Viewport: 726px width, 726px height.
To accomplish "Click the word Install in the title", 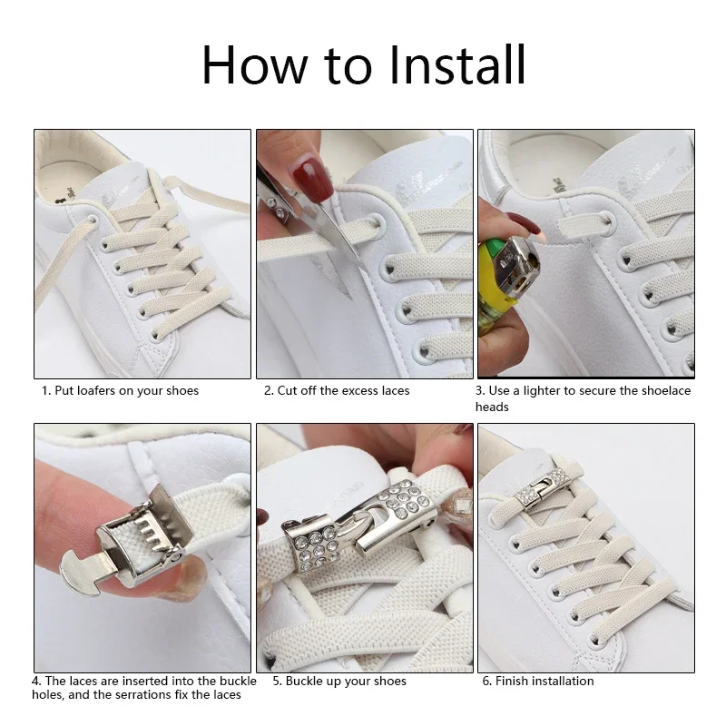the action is click(457, 64).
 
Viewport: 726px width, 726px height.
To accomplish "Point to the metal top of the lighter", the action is click(517, 263).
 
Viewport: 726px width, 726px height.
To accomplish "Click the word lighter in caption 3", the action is click(541, 391).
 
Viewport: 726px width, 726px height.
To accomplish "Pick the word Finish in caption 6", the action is click(512, 682).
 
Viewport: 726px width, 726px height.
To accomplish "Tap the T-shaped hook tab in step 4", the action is click(83, 568).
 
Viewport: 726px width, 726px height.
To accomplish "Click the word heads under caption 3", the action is click(492, 407).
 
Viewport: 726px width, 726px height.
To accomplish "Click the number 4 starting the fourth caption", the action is click(35, 682).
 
